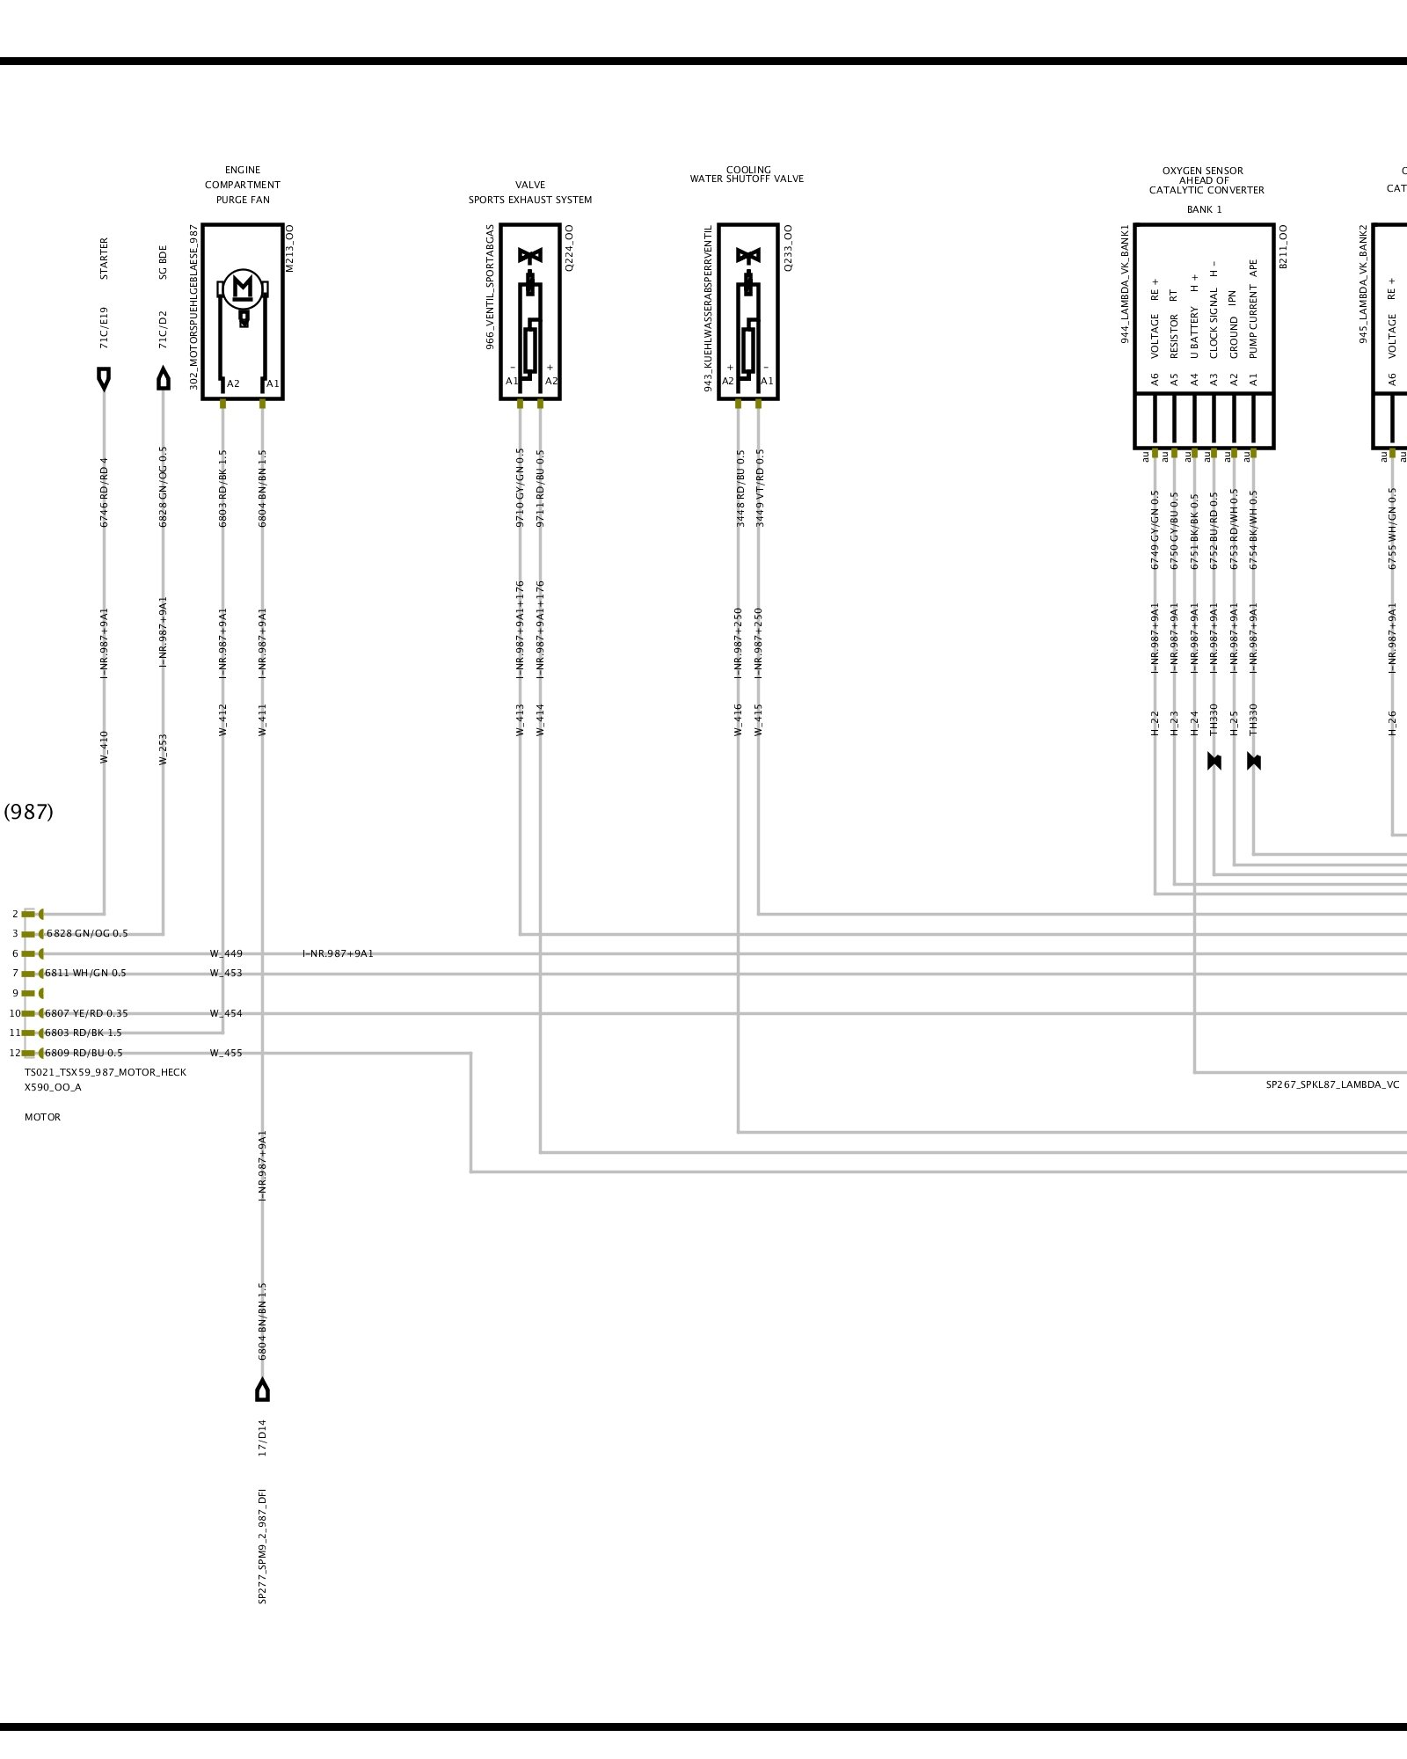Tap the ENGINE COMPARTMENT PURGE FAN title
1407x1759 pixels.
pyautogui.click(x=243, y=185)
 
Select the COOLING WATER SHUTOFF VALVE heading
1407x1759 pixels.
pyautogui.click(x=747, y=174)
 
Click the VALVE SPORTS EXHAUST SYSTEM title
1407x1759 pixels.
pyautogui.click(x=530, y=193)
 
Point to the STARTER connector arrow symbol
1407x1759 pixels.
pyautogui.click(x=104, y=379)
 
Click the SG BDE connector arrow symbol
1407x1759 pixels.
pyautogui.click(x=163, y=379)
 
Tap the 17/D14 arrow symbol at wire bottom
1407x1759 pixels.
pyautogui.click(x=262, y=1390)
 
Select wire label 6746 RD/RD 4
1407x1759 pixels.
pyautogui.click(x=104, y=492)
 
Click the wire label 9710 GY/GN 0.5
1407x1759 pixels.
pyautogui.click(x=520, y=487)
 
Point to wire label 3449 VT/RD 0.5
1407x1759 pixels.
pyautogui.click(x=760, y=487)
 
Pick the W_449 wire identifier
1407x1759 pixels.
pyautogui.click(x=226, y=953)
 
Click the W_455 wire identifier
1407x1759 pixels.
pyautogui.click(x=226, y=1053)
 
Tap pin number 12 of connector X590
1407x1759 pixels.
pyautogui.click(x=14, y=1053)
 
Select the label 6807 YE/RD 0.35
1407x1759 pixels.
pyautogui.click(x=86, y=1013)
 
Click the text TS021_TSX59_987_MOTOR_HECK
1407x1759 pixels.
pyautogui.click(x=106, y=1072)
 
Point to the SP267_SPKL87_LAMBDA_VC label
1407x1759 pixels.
pyautogui.click(x=1332, y=1084)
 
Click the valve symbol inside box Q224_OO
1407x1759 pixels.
pyautogui.click(x=530, y=256)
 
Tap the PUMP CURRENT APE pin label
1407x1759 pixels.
pyautogui.click(x=1253, y=308)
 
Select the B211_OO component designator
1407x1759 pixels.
pyautogui.click(x=1283, y=247)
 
